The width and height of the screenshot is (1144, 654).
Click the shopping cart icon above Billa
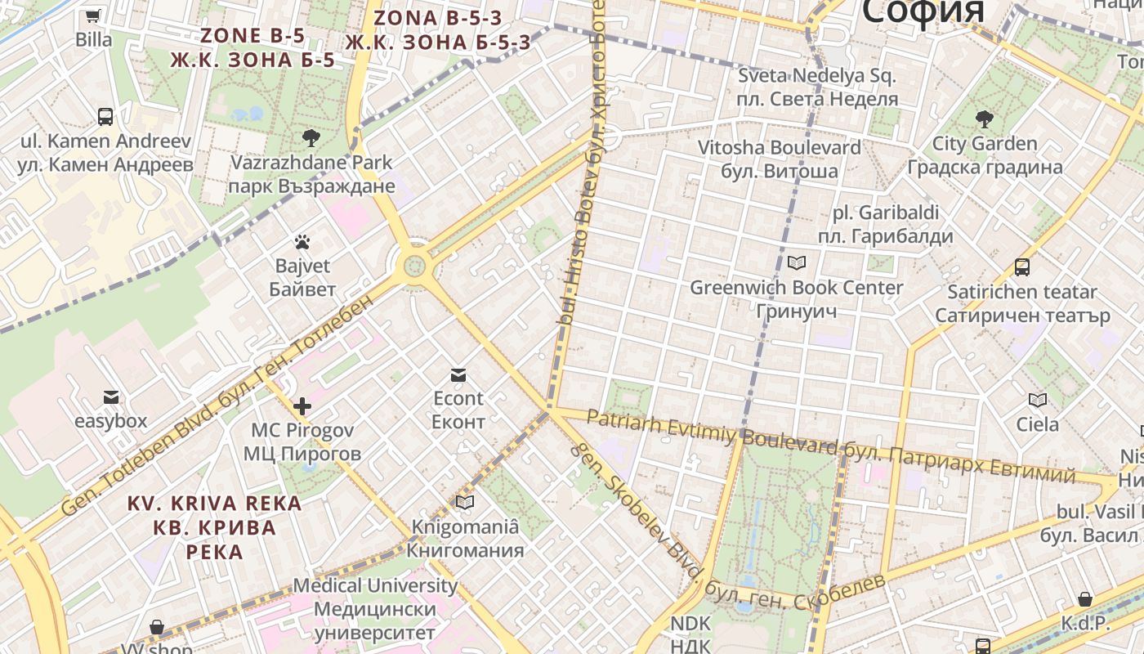pos(93,16)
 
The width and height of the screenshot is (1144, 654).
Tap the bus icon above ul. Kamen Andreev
pos(105,116)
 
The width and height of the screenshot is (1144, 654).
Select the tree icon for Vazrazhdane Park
pos(311,137)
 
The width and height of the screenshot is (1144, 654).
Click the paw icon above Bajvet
pos(302,242)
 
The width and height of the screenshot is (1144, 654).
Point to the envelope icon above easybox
pos(111,397)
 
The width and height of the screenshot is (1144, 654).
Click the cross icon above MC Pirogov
pos(302,405)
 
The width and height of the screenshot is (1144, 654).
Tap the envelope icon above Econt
pos(458,374)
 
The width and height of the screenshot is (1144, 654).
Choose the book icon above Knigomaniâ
pos(465,502)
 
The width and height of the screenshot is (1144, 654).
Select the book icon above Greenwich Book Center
pos(796,263)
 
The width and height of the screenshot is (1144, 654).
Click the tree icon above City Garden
pos(985,119)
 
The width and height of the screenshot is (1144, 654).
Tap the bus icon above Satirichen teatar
pos(1022,267)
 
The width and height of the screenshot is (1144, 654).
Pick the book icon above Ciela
pos(1038,400)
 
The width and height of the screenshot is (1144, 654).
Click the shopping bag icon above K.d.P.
pos(1085,599)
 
